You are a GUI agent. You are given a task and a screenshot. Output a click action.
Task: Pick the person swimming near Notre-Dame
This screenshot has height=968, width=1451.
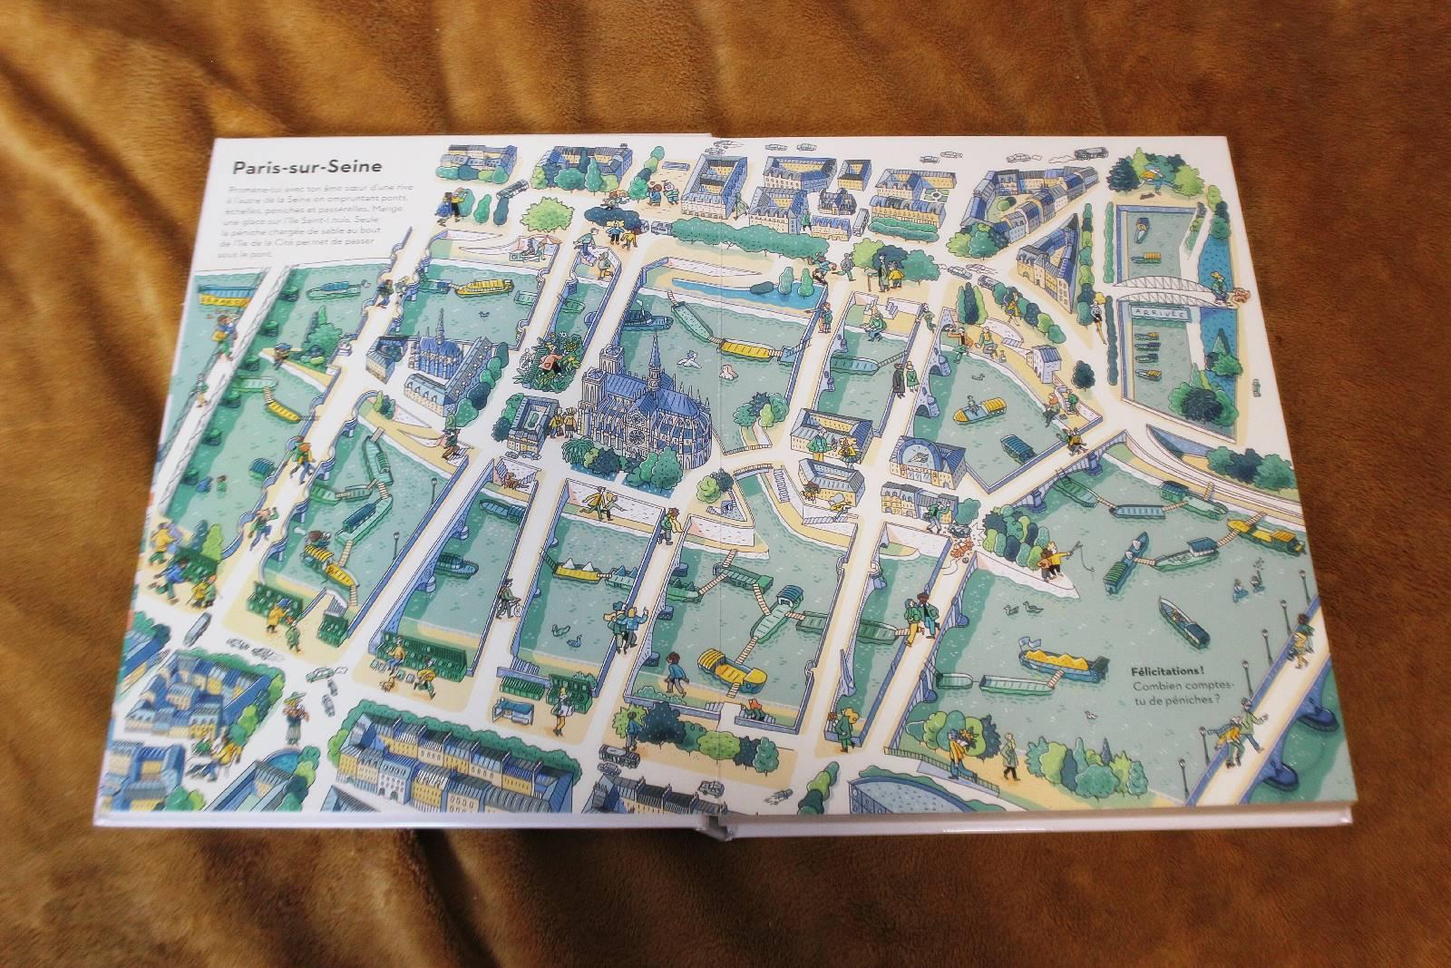(689, 361)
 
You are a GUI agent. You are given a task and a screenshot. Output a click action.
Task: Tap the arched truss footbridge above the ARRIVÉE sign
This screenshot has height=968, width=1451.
(1161, 288)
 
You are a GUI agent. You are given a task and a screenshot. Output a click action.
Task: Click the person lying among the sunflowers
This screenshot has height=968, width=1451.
(548, 363)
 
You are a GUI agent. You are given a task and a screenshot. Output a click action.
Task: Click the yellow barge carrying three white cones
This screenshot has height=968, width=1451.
(575, 572)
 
